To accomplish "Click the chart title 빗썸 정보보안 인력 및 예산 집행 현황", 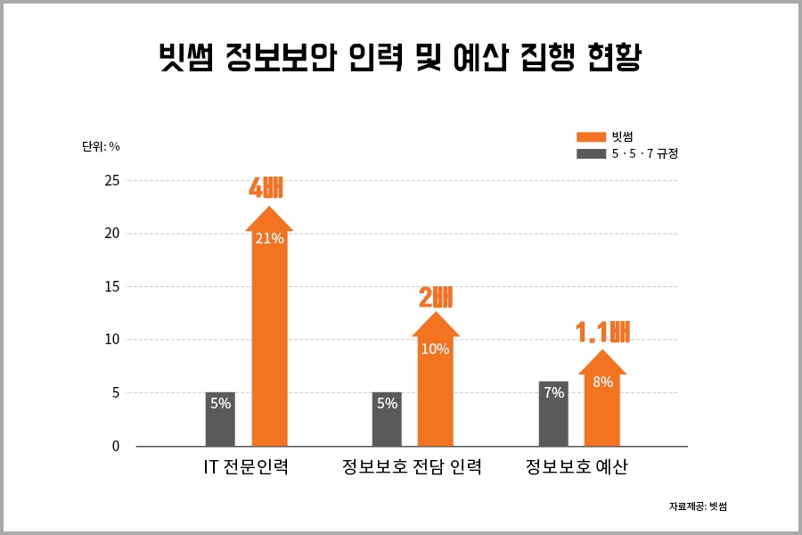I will (x=400, y=60).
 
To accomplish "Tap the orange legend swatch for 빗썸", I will (x=591, y=136).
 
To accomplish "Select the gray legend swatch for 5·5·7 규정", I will (x=591, y=154).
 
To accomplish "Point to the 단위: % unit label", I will (x=101, y=146).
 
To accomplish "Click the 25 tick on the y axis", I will (x=110, y=181).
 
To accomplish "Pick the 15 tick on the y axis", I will (x=110, y=287).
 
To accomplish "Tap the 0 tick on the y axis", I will (x=115, y=446).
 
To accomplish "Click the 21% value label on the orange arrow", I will (x=269, y=238).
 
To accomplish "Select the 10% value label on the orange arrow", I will (x=435, y=349).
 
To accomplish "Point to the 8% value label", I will (x=602, y=382).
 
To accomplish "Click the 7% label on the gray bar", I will (x=553, y=392).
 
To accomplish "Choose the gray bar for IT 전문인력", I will (x=220, y=419).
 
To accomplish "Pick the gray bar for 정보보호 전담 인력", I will (x=387, y=419).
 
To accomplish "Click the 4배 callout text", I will (x=266, y=188).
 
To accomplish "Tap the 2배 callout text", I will (x=436, y=297).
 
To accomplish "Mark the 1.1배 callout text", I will (x=603, y=333).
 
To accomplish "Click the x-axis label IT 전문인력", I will (x=245, y=467).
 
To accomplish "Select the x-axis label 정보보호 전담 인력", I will (x=412, y=467).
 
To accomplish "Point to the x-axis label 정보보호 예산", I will (x=577, y=467).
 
